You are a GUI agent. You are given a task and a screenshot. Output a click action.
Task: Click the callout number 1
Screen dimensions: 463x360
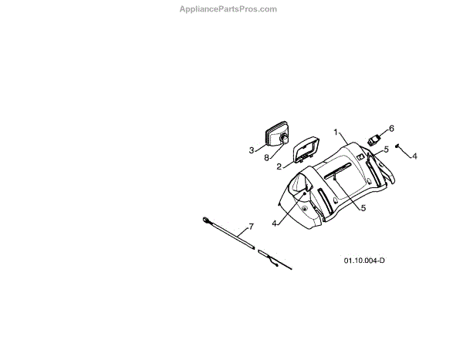(x=336, y=132)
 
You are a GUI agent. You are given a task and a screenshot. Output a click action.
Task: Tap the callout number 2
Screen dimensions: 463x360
(x=279, y=164)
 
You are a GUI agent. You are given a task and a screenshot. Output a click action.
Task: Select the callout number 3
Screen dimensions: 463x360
(x=252, y=150)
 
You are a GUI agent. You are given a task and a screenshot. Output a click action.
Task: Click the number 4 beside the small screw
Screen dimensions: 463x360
(x=414, y=156)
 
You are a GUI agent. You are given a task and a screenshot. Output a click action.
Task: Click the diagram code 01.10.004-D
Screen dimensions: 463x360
(x=364, y=260)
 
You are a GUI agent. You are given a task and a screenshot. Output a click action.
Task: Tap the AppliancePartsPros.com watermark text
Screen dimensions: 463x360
(x=228, y=9)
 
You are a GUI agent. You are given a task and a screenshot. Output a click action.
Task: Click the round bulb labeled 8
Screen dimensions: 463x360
(x=284, y=138)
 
